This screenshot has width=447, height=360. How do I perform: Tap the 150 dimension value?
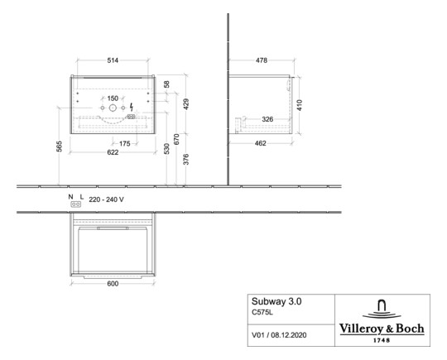(x=113, y=98)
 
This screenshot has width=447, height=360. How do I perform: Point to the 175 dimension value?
(x=123, y=143)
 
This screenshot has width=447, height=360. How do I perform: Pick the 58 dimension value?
(x=166, y=85)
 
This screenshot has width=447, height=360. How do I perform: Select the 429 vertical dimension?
(x=186, y=103)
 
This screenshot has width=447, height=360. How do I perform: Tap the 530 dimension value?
(x=166, y=149)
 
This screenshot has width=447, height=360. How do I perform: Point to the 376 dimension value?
(x=186, y=161)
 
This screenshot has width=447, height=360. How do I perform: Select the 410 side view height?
(x=300, y=105)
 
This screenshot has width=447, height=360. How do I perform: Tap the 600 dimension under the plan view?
(x=113, y=284)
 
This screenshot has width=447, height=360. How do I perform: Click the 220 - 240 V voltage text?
(x=106, y=200)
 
